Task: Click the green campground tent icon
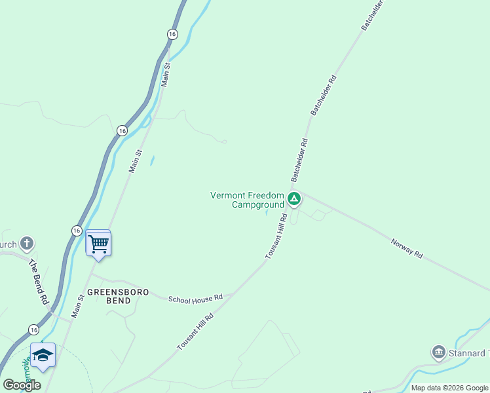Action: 294,198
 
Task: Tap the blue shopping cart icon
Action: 98,244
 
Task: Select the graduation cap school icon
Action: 43,356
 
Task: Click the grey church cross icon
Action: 27,244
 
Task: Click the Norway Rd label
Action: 407,248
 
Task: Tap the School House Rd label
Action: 195,299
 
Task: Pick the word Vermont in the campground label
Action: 228,195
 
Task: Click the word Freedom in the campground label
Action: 267,195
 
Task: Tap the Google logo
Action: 22,385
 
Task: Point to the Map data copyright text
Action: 450,388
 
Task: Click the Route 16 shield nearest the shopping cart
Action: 77,231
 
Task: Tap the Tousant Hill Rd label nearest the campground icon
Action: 276,236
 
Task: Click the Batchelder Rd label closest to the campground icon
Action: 299,160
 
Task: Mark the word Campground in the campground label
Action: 258,204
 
